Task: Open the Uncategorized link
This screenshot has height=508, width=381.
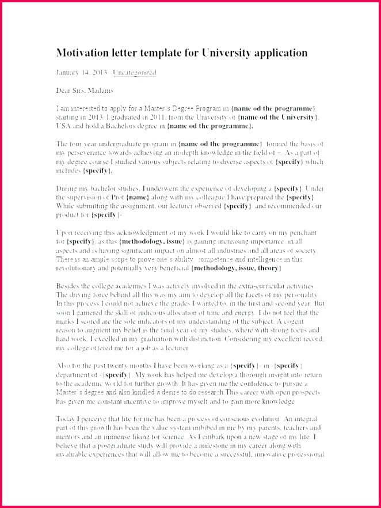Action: click(x=135, y=73)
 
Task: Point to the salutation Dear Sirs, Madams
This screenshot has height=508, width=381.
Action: click(x=85, y=90)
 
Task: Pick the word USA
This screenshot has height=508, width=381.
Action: click(x=63, y=126)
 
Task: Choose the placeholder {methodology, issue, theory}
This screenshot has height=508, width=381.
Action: click(x=237, y=268)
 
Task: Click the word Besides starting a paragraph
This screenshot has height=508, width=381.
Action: click(x=69, y=286)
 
